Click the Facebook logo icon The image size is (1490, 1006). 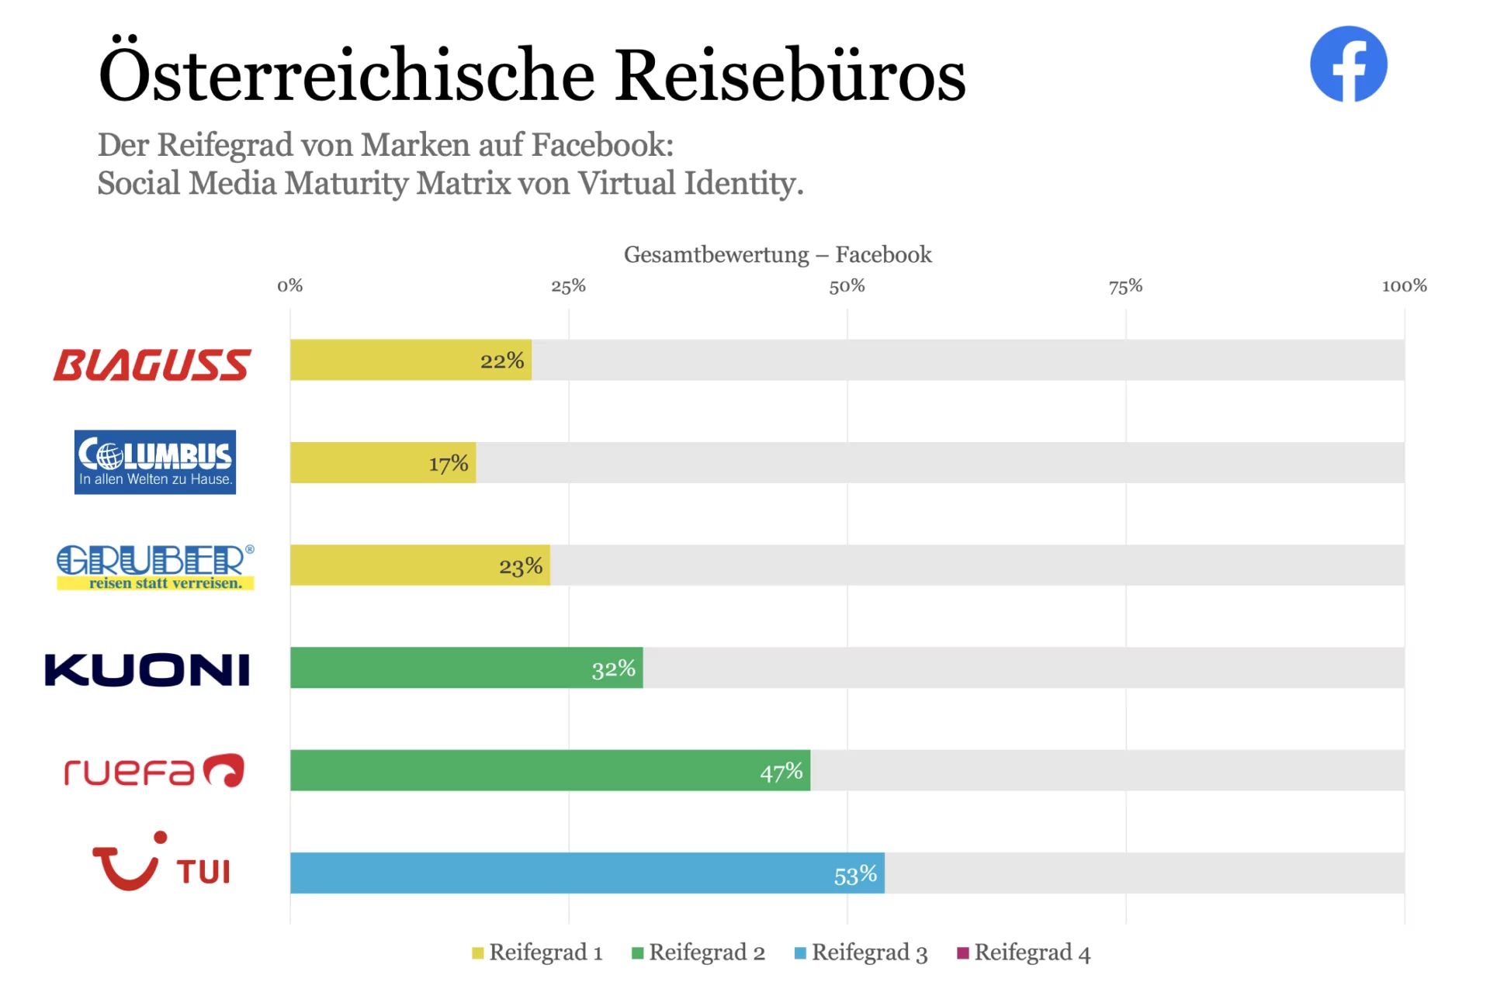(1348, 64)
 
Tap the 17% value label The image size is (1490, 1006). (449, 464)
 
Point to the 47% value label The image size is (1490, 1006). (781, 772)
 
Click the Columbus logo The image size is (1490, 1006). (155, 462)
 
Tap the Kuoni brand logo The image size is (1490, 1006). (147, 670)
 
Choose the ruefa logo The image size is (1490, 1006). (154, 771)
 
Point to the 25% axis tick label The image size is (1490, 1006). (568, 286)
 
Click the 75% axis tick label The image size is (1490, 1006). (1125, 286)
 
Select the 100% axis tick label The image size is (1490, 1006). (1404, 286)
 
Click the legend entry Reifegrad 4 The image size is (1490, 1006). (1024, 952)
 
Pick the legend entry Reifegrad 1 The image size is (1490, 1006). (538, 952)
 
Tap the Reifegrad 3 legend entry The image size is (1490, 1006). (861, 952)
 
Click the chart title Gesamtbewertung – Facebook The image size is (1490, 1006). (778, 254)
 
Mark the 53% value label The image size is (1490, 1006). (855, 875)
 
